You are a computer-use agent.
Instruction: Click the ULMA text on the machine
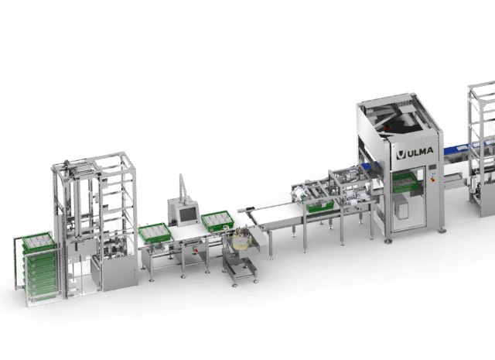tap(419, 152)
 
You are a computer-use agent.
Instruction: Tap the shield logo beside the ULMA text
tap(401, 154)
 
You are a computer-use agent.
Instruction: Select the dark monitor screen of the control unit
tap(187, 215)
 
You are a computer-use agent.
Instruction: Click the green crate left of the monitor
tap(155, 233)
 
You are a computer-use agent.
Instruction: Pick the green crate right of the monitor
tap(217, 221)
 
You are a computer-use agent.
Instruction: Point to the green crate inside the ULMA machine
tap(405, 183)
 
